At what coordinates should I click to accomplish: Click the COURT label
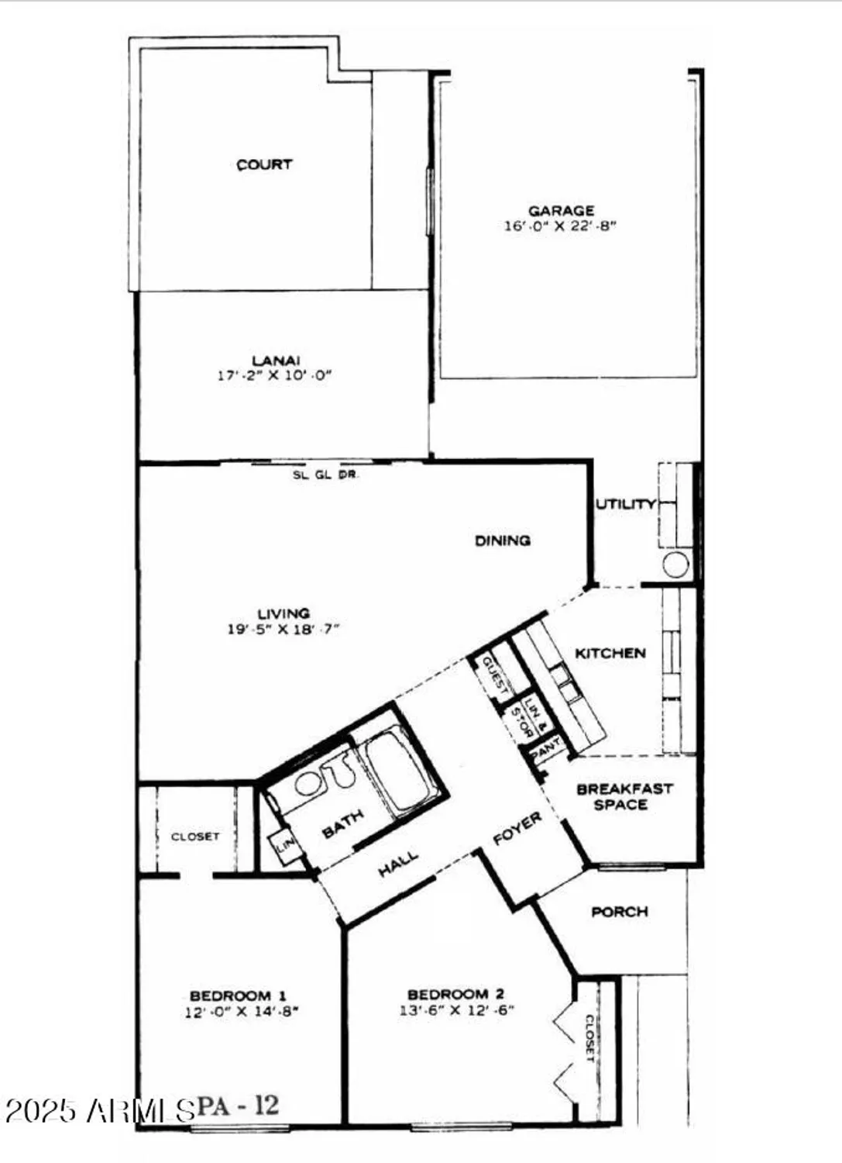click(x=264, y=164)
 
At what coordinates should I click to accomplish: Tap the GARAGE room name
click(x=561, y=210)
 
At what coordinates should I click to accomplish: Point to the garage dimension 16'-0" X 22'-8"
click(x=561, y=226)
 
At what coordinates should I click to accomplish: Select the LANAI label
click(x=276, y=361)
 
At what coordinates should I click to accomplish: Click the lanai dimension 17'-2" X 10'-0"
click(x=275, y=375)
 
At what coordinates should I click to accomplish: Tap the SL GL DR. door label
click(x=325, y=475)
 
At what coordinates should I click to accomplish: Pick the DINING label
click(x=502, y=540)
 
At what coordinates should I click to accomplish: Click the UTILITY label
click(x=625, y=504)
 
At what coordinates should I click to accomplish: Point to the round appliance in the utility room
click(x=675, y=564)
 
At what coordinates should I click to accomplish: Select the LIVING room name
click(x=284, y=613)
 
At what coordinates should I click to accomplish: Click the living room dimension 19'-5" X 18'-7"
click(x=284, y=629)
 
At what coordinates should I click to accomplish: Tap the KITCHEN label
click(x=610, y=653)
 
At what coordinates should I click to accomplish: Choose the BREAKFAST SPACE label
click(x=624, y=796)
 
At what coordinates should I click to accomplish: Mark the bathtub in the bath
click(x=397, y=771)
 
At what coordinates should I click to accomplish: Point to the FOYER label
click(x=517, y=829)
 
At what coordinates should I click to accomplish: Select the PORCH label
click(x=619, y=912)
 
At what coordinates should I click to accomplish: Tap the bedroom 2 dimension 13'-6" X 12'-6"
click(x=456, y=1009)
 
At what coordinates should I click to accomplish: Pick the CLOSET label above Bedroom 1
click(x=195, y=837)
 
